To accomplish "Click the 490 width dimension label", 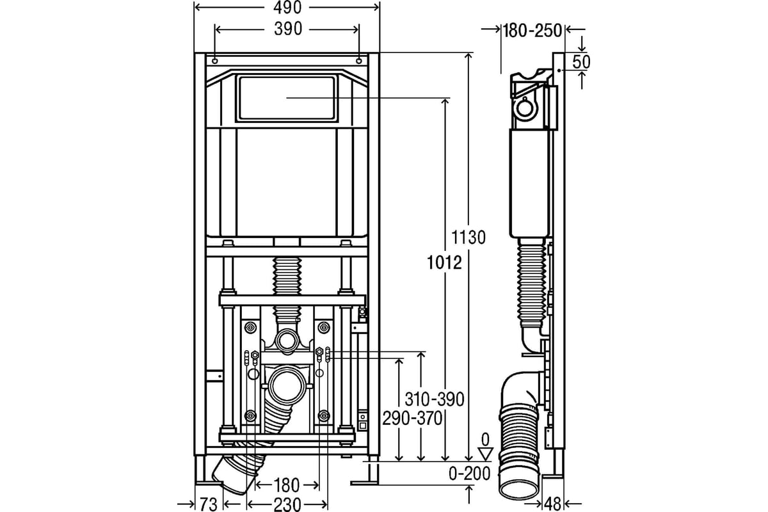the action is pyautogui.click(x=287, y=8).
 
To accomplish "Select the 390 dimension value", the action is pyautogui.click(x=288, y=29).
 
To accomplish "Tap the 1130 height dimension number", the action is pyautogui.click(x=468, y=237).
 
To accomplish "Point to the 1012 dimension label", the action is pyautogui.click(x=444, y=262).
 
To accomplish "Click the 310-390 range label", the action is pyautogui.click(x=435, y=399).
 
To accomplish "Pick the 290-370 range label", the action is pyautogui.click(x=412, y=419).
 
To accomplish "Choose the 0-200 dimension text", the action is pyautogui.click(x=470, y=474).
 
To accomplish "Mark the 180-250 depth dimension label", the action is pyautogui.click(x=532, y=31).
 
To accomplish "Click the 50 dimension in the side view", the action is pyautogui.click(x=582, y=62).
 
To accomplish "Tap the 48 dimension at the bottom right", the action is pyautogui.click(x=552, y=504).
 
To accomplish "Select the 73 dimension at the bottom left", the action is pyautogui.click(x=209, y=504).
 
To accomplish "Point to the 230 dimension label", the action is pyautogui.click(x=287, y=504).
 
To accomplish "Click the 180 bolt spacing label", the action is pyautogui.click(x=287, y=485).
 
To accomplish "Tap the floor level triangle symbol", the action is pyautogui.click(x=486, y=454).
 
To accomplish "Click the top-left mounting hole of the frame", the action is pyautogui.click(x=215, y=61).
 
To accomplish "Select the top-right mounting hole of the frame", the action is pyautogui.click(x=359, y=61).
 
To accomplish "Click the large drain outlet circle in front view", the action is pyautogui.click(x=287, y=385).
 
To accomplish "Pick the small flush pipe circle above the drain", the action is pyautogui.click(x=287, y=341).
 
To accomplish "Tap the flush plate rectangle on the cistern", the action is pyautogui.click(x=287, y=99).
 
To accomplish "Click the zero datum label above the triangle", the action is pyautogui.click(x=485, y=440).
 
